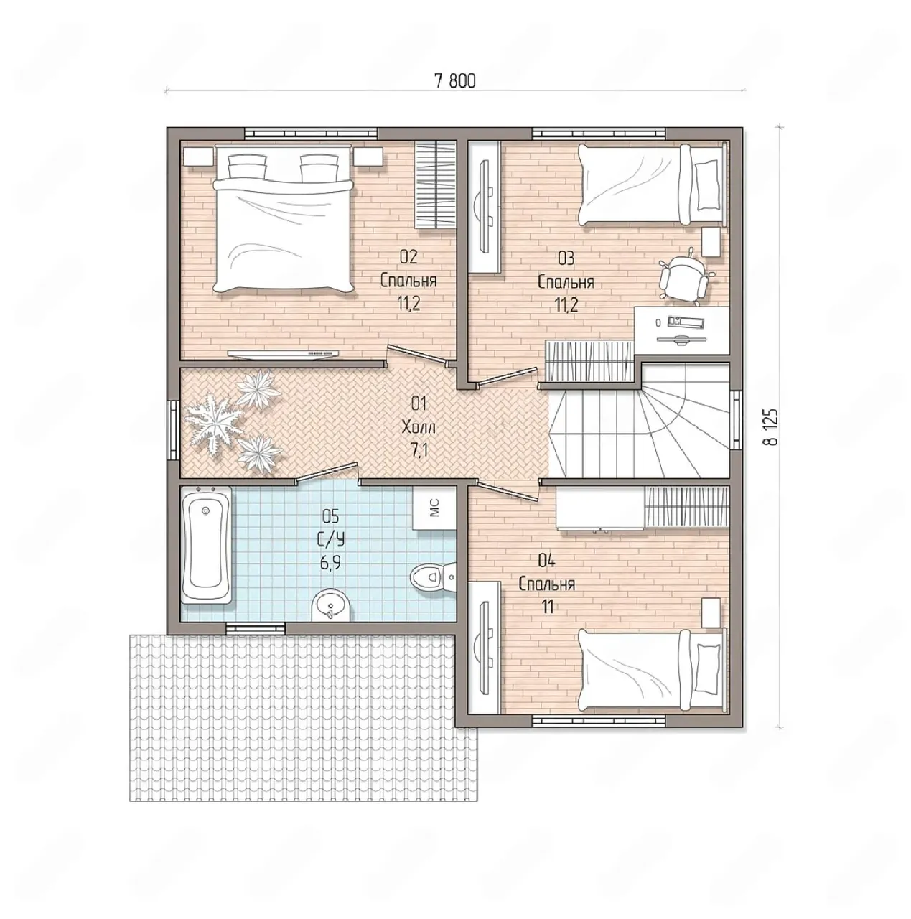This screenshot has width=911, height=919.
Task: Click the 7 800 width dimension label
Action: click(454, 82)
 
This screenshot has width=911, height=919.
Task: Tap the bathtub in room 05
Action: click(207, 544)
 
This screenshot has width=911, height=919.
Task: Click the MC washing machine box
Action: click(433, 508)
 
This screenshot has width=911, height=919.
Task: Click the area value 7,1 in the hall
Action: click(419, 449)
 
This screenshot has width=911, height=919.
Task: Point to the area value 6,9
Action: click(330, 563)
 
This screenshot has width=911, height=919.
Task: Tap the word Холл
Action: click(419, 426)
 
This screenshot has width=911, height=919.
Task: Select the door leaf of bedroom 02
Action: click(418, 354)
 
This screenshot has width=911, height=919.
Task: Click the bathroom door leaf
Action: click(326, 472)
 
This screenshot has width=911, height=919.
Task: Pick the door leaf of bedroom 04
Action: click(508, 491)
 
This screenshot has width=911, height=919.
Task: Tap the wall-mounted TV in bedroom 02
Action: click(283, 353)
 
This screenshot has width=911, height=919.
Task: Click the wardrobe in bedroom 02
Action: click(436, 185)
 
